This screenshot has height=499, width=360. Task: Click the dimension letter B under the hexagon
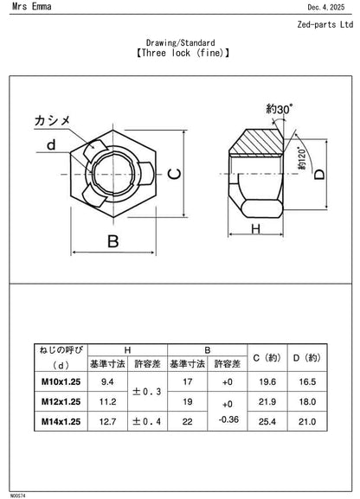pos(112,242)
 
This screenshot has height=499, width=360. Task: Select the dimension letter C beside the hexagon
pos(174,174)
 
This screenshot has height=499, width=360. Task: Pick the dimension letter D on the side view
pos(319,174)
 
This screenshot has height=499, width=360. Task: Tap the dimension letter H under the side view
pos(256,228)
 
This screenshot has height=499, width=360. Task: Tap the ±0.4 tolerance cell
pos(146,421)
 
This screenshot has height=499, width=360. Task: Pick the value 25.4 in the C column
pos(266,421)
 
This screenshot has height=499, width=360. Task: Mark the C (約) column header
pos(266,356)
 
